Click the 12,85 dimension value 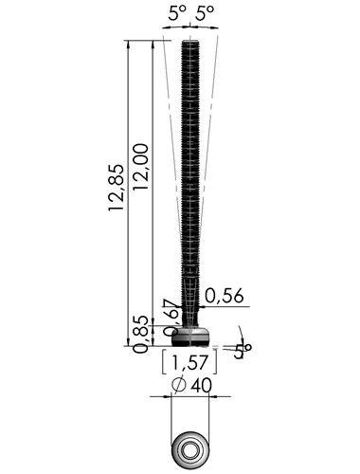[x=116, y=188]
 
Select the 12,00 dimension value [x=140, y=167]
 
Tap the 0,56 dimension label [x=225, y=296]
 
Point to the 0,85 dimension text [x=140, y=334]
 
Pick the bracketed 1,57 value [x=189, y=362]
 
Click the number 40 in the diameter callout [x=201, y=385]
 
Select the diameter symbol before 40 [x=179, y=385]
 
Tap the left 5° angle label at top [x=177, y=13]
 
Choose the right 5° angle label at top [x=205, y=13]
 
